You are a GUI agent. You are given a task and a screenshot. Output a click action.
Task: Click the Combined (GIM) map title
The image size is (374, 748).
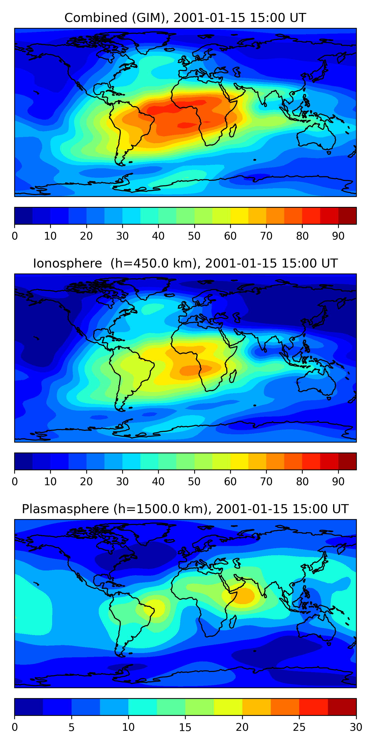pyautogui.click(x=185, y=18)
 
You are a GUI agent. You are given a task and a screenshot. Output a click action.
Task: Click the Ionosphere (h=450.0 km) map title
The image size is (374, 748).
pyautogui.click(x=185, y=263)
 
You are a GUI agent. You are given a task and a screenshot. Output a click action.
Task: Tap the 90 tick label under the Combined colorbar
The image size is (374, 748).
pyautogui.click(x=338, y=236)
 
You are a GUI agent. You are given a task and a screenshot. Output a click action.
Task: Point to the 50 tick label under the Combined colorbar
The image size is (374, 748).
pyautogui.click(x=194, y=236)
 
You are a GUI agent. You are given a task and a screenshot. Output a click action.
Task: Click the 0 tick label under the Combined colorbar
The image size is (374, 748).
pyautogui.click(x=15, y=236)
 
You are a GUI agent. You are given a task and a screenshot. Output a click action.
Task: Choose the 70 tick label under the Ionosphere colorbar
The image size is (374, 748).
pyautogui.click(x=266, y=481)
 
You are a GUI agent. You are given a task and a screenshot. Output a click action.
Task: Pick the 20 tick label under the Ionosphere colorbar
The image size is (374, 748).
pyautogui.click(x=86, y=481)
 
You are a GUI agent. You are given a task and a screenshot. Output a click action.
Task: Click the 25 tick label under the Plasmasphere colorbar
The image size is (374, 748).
pyautogui.click(x=299, y=727)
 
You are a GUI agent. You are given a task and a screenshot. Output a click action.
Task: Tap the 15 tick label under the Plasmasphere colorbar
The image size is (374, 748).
pyautogui.click(x=185, y=727)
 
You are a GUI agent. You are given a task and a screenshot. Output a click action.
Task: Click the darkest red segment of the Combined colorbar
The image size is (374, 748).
pyautogui.click(x=347, y=216)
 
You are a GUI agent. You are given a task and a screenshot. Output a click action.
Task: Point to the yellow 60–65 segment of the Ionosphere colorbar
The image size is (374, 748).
pyautogui.click(x=239, y=461)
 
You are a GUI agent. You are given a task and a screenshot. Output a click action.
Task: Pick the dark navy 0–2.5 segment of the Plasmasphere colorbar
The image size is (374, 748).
pyautogui.click(x=29, y=707)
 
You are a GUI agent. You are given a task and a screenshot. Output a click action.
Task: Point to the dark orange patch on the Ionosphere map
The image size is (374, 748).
pyautogui.click(x=194, y=369)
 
